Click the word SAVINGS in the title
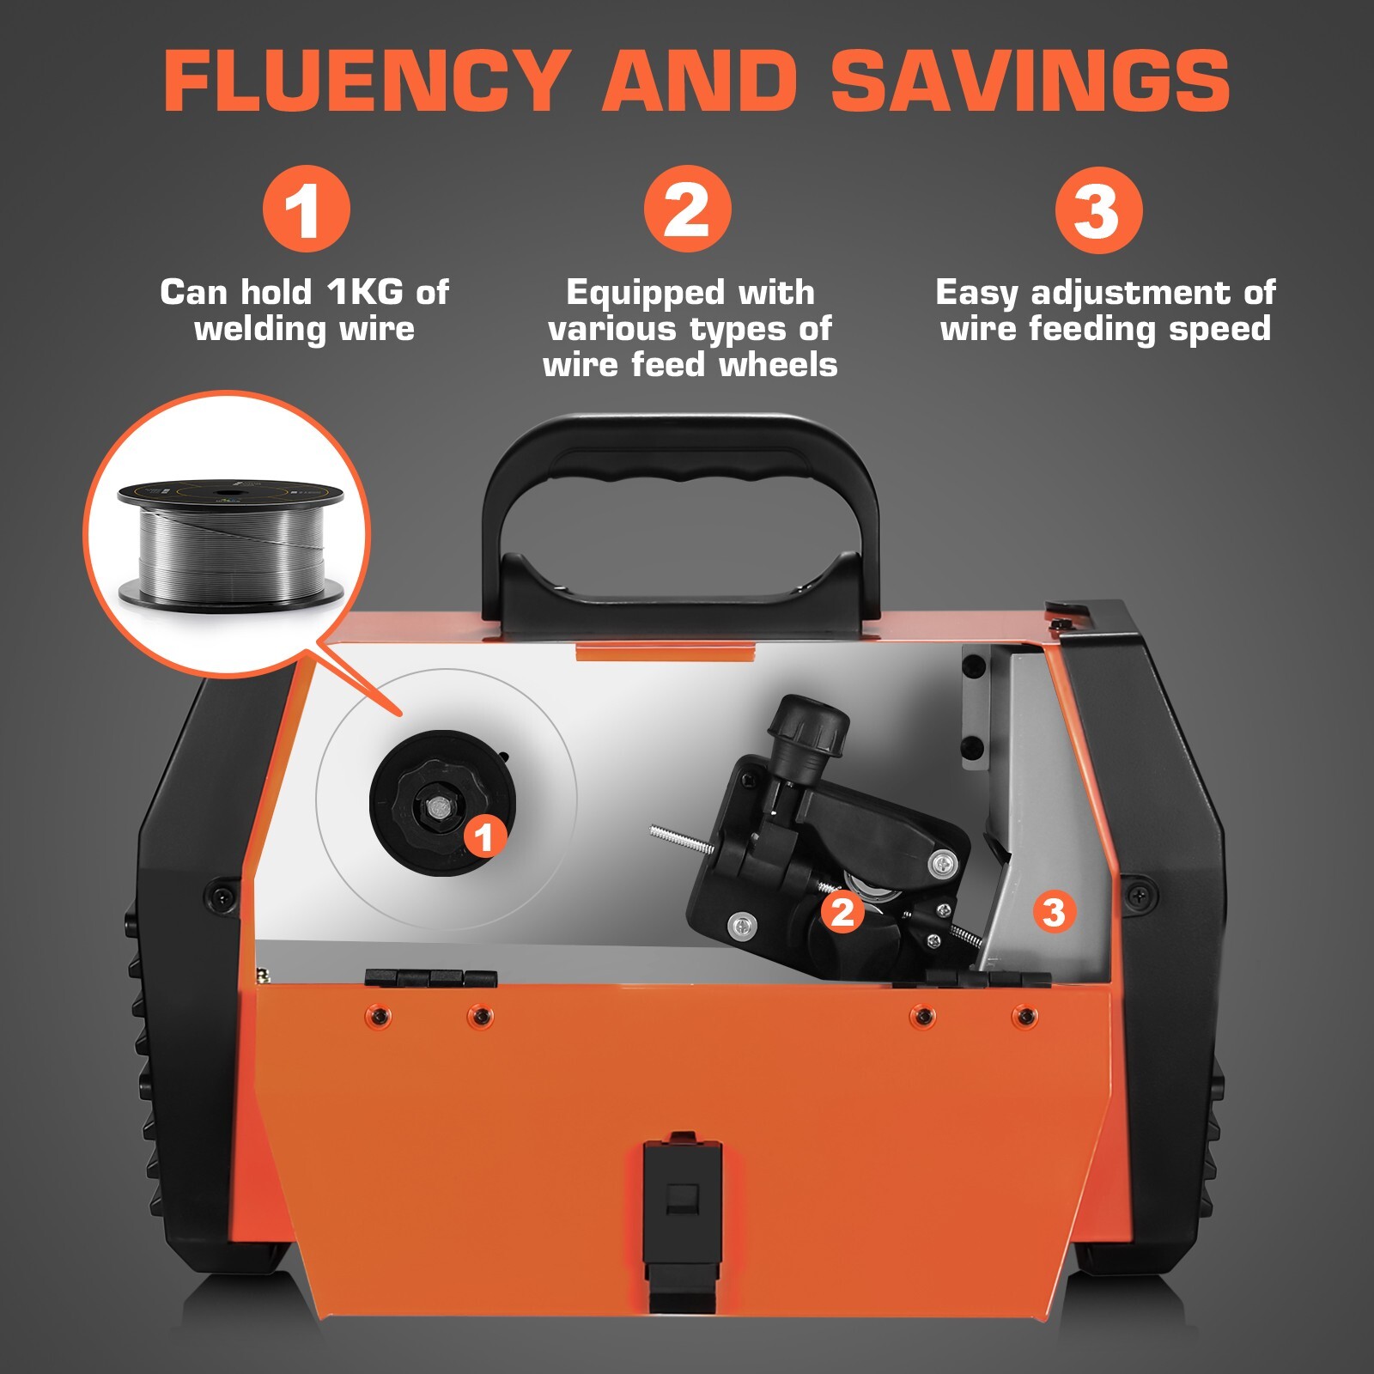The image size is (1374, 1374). coord(1030,82)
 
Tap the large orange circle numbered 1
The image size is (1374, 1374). coord(306,210)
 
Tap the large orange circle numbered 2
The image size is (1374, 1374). coord(687,210)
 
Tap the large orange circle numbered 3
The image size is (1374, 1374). coord(1097,211)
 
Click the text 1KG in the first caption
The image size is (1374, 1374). coord(366,293)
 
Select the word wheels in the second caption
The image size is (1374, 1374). coord(778,365)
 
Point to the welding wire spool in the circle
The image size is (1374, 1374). coord(230,541)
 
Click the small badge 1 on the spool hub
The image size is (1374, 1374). coord(484,836)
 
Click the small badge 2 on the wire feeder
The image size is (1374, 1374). coord(842,912)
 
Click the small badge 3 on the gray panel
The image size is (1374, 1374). coord(1054,912)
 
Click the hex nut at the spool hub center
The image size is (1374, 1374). coord(438,807)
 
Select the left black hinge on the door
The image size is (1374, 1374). coord(430,977)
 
